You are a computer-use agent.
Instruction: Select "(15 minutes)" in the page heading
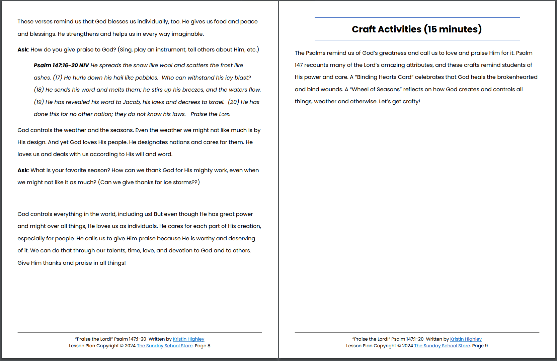click(453, 29)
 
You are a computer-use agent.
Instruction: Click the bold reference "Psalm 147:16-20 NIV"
click(61, 66)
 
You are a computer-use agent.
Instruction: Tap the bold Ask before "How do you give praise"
click(23, 50)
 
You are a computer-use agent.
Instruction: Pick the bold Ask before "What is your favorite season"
click(23, 170)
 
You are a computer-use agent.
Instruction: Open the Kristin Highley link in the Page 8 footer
click(188, 339)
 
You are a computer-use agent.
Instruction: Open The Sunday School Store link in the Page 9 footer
click(442, 346)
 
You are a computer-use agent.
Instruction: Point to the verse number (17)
click(58, 78)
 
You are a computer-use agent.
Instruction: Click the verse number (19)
click(39, 102)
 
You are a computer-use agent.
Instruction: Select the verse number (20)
click(233, 102)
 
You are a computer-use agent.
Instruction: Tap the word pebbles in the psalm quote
click(147, 78)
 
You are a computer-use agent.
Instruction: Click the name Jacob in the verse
click(131, 102)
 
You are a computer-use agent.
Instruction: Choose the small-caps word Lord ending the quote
click(224, 115)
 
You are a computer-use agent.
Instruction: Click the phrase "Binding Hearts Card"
click(384, 77)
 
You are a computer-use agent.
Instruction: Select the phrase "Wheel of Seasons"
click(375, 90)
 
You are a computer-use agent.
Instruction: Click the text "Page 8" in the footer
click(203, 346)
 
